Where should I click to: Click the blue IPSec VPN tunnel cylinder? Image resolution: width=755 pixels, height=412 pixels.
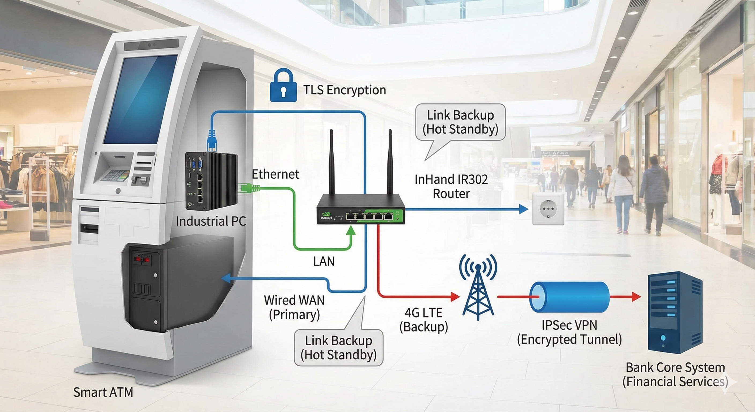pos(569,297)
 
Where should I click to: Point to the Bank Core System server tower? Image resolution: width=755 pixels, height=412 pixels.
pos(675,312)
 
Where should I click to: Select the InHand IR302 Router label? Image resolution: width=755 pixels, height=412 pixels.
pos(451,186)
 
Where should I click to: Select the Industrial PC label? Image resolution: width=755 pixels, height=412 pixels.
pos(210,221)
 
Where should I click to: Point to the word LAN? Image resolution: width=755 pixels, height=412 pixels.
pos(324,261)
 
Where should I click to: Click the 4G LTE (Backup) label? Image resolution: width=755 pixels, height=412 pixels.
pos(424,320)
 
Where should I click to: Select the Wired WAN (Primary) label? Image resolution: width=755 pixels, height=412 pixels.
pos(294,307)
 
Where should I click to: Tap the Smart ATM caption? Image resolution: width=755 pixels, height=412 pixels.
pos(103,392)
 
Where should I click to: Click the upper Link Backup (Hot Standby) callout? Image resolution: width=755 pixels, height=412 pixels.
pos(460,122)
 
